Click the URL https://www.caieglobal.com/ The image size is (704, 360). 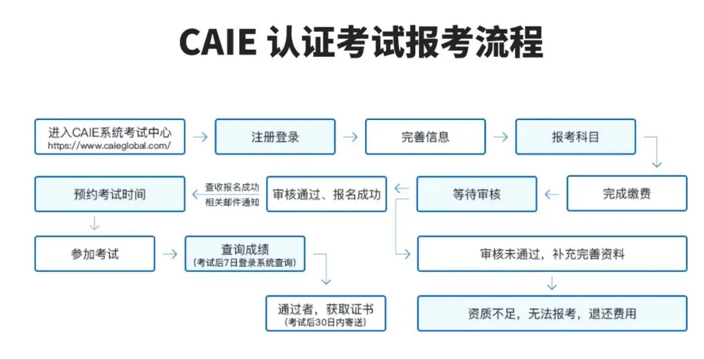click(110, 146)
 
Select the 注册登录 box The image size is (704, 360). click(275, 137)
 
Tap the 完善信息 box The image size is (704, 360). click(425, 137)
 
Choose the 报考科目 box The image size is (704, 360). click(575, 137)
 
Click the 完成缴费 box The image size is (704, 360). click(626, 194)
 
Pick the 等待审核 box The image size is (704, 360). click(477, 194)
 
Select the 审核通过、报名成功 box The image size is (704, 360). click(327, 194)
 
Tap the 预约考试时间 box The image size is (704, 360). click(110, 194)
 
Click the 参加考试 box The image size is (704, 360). click(95, 254)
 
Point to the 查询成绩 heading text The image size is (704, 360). click(245, 249)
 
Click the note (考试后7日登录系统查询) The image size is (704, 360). click(245, 262)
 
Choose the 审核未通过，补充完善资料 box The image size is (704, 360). click(551, 254)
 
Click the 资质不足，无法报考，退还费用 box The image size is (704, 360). click(551, 313)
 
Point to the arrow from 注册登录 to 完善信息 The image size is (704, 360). click(350, 137)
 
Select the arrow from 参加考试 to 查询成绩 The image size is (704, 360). click(169, 254)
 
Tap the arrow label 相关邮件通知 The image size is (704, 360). click(232, 202)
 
